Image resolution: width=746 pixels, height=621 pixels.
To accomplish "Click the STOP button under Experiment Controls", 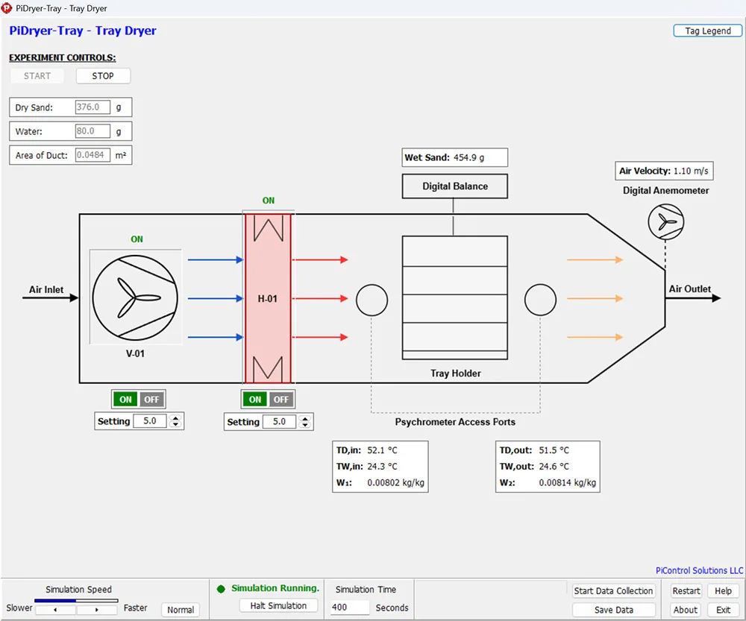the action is pyautogui.click(x=103, y=76).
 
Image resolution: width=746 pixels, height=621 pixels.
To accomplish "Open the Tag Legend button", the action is pyautogui.click(x=707, y=31).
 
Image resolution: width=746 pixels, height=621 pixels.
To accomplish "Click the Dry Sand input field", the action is pyautogui.click(x=93, y=107).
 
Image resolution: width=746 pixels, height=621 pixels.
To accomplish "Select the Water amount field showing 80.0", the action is pyautogui.click(x=93, y=130).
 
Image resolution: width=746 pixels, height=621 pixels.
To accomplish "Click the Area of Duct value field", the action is pyautogui.click(x=93, y=155).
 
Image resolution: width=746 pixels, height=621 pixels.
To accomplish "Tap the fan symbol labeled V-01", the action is pyautogui.click(x=135, y=297).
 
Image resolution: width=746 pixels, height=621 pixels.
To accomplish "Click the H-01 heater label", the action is pyautogui.click(x=267, y=299).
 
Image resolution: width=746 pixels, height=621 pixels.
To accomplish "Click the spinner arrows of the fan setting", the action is pyautogui.click(x=176, y=421).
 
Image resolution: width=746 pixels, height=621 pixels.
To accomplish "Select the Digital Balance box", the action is pyautogui.click(x=455, y=186).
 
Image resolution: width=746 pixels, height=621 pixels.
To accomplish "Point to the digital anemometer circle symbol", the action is pyautogui.click(x=666, y=221).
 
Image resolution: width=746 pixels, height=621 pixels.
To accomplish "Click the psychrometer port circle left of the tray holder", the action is pyautogui.click(x=372, y=300).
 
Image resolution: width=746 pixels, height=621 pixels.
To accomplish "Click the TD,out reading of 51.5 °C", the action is pyautogui.click(x=554, y=450).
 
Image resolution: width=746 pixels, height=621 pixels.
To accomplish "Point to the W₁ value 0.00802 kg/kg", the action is pyautogui.click(x=396, y=482).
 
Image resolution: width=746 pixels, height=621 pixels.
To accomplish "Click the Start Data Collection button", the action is pyautogui.click(x=614, y=591).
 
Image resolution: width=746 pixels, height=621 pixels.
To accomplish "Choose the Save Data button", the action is pyautogui.click(x=614, y=610).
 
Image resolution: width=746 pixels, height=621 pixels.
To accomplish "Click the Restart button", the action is pyautogui.click(x=686, y=591).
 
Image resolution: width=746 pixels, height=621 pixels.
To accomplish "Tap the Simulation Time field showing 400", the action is pyautogui.click(x=350, y=608).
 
